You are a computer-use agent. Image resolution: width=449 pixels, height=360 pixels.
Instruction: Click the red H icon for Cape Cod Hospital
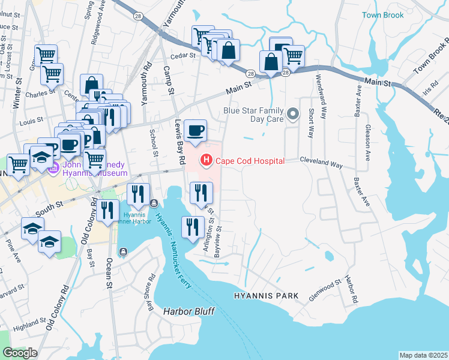[206, 160]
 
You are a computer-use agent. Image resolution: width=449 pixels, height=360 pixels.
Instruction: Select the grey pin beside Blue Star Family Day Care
[293, 113]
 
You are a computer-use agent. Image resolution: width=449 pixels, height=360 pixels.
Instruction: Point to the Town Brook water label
[383, 15]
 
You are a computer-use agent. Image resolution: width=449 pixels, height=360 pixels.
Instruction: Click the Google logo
[20, 353]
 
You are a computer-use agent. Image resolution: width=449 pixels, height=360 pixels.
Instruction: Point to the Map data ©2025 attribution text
[423, 355]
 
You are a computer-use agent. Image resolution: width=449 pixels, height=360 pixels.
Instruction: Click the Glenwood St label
[325, 284]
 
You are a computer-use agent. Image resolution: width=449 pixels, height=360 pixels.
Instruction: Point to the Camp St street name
[169, 80]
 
